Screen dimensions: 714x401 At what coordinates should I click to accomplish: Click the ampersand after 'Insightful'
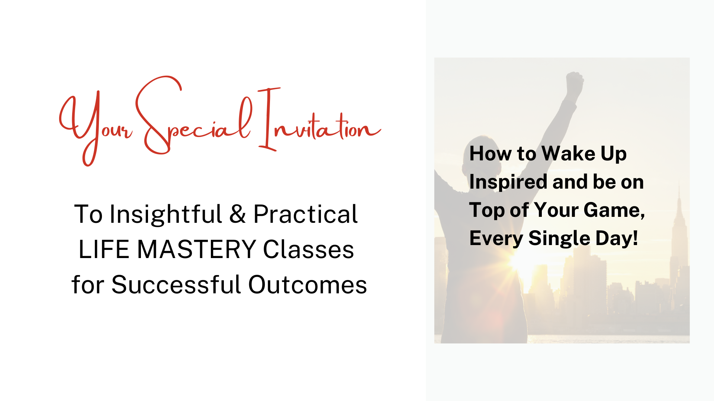[237, 214]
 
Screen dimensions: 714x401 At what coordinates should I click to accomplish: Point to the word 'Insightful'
[166, 215]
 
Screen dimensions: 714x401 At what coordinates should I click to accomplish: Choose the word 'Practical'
[305, 214]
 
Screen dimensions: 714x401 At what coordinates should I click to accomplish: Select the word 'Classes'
[308, 249]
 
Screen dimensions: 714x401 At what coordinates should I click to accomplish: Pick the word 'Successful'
[176, 284]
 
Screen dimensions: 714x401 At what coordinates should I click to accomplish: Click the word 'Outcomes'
[308, 285]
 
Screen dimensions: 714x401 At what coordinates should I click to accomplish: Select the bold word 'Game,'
[614, 211]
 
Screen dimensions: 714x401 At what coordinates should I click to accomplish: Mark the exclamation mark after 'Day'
[635, 238]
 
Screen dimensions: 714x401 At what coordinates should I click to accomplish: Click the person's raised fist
[574, 82]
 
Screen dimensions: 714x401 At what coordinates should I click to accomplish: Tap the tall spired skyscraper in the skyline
[679, 241]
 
